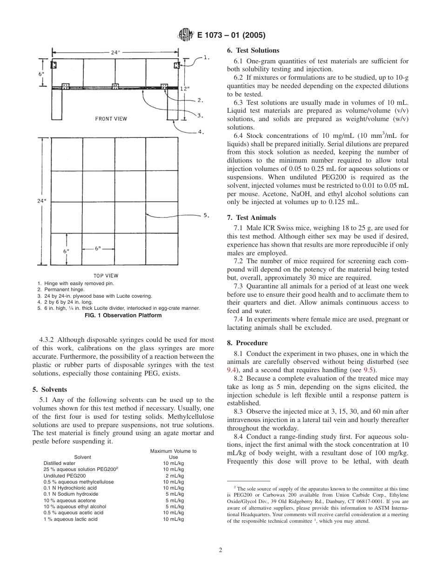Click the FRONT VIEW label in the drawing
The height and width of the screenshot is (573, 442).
coord(111,119)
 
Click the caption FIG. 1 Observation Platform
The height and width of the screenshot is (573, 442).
coord(123,315)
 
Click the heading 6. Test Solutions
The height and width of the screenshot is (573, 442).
coord(253,50)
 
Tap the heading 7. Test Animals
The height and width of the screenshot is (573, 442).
coord(251,218)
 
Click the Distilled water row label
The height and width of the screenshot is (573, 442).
coord(60,464)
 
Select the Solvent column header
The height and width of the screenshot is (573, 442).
coord(82,457)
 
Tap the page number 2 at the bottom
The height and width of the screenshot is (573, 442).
coord(221,550)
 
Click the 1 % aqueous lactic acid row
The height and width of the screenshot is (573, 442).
coord(71,519)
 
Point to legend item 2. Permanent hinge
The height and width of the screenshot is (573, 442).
coord(61,289)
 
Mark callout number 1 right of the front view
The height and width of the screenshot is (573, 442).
coord(207,58)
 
